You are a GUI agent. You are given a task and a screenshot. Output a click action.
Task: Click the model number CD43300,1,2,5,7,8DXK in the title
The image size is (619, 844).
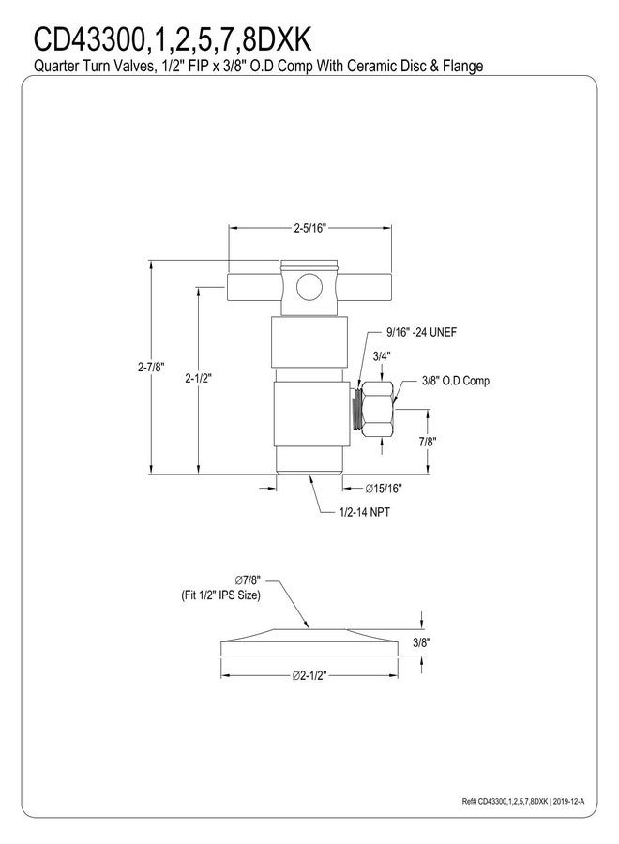173,39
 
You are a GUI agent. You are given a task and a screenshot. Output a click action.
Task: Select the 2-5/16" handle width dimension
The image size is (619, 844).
310,228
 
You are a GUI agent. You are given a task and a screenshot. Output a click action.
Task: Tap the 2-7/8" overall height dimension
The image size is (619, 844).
150,367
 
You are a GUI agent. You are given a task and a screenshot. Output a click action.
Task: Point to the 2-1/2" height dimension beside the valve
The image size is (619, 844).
199,379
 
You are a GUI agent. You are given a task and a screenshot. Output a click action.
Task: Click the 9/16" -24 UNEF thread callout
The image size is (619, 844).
421,332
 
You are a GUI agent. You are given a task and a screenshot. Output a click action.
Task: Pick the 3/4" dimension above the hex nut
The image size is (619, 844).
382,355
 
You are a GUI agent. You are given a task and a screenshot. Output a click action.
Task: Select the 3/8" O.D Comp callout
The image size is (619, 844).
456,381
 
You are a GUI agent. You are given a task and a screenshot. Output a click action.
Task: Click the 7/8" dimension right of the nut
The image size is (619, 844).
428,442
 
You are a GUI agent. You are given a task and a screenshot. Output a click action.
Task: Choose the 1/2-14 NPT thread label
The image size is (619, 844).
365,512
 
